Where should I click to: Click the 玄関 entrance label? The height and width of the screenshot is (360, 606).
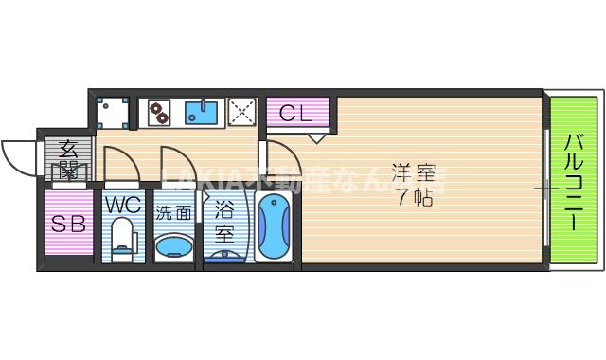click(69, 159)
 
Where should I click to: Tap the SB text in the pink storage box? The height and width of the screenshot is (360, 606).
click(68, 225)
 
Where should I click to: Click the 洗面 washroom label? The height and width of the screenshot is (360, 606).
click(173, 213)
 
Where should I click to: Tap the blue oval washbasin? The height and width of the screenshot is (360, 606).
click(175, 247)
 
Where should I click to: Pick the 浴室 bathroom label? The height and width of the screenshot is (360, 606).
click(225, 218)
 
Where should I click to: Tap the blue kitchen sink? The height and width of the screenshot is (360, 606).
click(202, 114)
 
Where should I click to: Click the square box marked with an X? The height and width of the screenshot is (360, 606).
click(242, 113)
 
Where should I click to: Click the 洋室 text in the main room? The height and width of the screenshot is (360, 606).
click(414, 173)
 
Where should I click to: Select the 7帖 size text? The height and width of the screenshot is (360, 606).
click(414, 198)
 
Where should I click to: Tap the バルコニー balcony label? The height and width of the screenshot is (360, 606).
click(575, 181)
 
